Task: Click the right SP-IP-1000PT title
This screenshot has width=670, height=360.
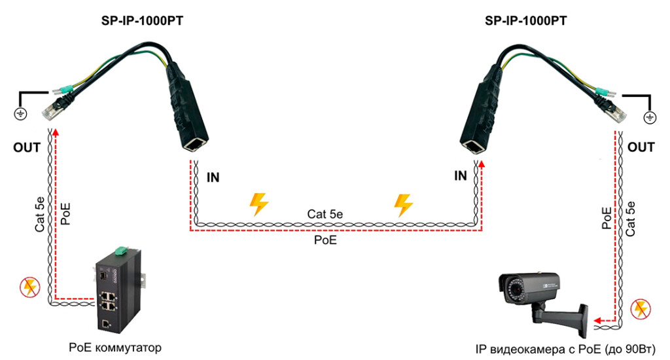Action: (x=525, y=20)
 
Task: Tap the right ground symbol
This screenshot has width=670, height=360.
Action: (x=649, y=117)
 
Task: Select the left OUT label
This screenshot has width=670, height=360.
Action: (x=27, y=148)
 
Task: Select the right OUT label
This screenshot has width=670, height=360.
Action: (x=641, y=148)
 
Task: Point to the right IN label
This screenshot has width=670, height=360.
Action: (x=461, y=175)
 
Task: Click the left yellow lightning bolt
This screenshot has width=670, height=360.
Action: (x=259, y=204)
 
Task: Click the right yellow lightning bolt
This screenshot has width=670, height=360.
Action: (x=403, y=204)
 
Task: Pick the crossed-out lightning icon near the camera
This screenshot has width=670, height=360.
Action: (x=639, y=309)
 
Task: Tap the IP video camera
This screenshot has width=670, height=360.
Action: (x=543, y=295)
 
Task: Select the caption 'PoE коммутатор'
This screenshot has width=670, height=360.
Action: (x=115, y=346)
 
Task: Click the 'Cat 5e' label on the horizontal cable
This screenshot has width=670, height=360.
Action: (x=325, y=214)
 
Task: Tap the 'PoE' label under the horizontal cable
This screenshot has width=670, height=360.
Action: (x=325, y=240)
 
